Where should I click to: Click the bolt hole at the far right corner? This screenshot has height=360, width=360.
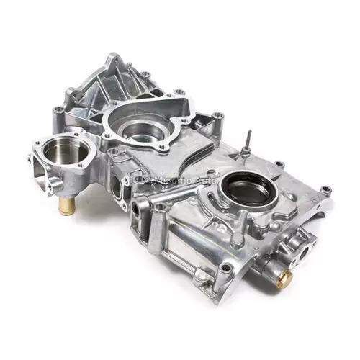326,190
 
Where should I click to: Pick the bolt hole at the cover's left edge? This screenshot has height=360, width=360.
55,110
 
